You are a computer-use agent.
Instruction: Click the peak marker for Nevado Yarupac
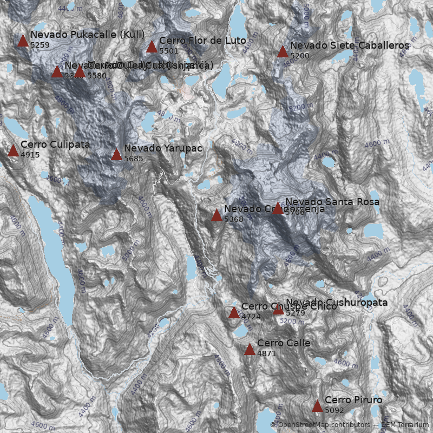click(116, 155)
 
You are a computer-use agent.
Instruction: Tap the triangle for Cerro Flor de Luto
click(152, 47)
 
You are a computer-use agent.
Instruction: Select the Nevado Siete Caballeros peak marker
click(283, 52)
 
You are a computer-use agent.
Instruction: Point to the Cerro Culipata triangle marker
click(13, 151)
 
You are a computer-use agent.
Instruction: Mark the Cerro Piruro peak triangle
click(317, 406)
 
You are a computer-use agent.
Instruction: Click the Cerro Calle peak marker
click(250, 350)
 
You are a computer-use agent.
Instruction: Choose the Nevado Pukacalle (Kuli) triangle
click(23, 41)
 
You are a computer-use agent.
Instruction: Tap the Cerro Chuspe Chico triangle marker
click(234, 313)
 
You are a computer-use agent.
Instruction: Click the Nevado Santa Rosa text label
click(332, 202)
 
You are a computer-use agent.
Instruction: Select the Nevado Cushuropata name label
click(337, 302)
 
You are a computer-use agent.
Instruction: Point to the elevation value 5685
click(134, 159)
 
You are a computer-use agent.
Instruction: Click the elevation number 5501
click(169, 51)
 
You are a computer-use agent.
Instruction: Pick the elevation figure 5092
click(334, 410)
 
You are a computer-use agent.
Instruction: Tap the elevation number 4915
click(30, 155)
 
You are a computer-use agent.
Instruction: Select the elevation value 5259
click(40, 45)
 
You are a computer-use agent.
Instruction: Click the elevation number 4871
click(267, 353)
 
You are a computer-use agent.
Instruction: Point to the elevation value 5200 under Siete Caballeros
click(300, 56)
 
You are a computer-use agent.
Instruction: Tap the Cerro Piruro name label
click(353, 400)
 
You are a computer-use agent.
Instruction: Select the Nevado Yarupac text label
click(156, 148)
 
